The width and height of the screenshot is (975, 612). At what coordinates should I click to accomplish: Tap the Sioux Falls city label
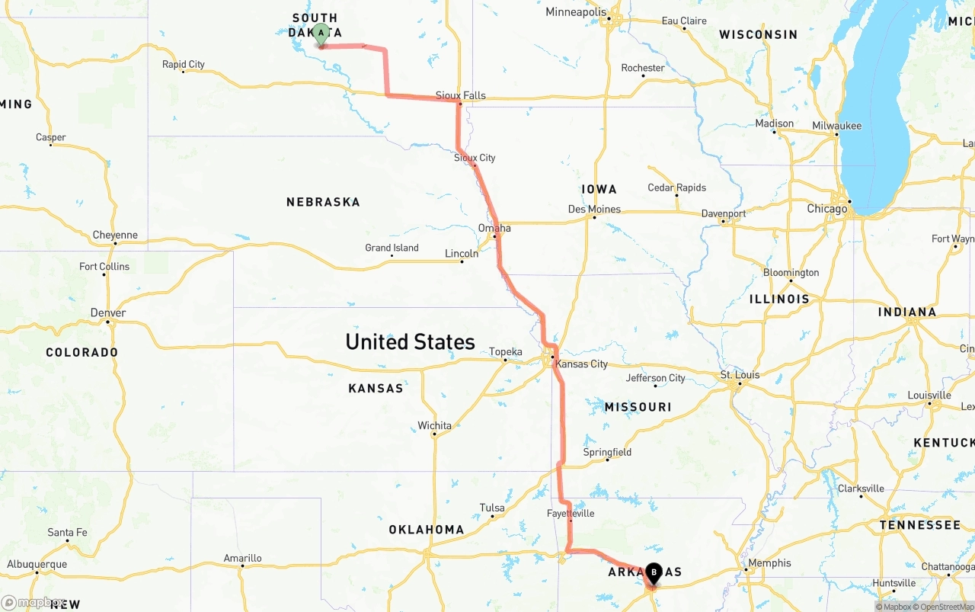(460, 95)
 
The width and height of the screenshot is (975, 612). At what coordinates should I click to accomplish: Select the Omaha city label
(494, 228)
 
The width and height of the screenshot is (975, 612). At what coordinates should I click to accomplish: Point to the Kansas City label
(581, 364)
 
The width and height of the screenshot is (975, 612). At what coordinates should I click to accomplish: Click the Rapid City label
(184, 64)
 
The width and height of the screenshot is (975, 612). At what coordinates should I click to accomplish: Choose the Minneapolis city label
(576, 12)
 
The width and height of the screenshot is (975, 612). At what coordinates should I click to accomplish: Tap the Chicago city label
(826, 208)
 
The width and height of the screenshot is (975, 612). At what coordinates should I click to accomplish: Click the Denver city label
(108, 312)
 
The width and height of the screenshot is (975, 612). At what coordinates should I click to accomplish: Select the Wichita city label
(434, 425)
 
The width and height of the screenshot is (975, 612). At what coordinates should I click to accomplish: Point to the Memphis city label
(769, 563)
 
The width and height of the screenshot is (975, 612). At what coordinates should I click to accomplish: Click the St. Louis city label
(740, 374)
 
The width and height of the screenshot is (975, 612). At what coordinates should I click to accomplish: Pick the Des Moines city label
(594, 209)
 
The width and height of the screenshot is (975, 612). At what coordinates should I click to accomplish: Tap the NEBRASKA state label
(323, 202)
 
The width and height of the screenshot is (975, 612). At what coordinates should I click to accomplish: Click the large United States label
(410, 341)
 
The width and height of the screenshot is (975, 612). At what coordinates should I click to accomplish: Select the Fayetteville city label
(570, 513)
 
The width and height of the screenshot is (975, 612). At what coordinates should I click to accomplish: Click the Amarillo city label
(243, 558)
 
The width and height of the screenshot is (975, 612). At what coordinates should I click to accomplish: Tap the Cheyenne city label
(115, 235)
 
